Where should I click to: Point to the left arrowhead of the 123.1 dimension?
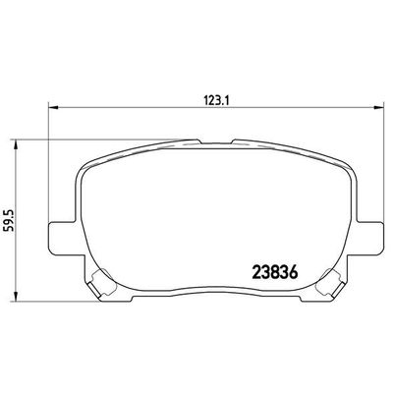pyautogui.click(x=52, y=108)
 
